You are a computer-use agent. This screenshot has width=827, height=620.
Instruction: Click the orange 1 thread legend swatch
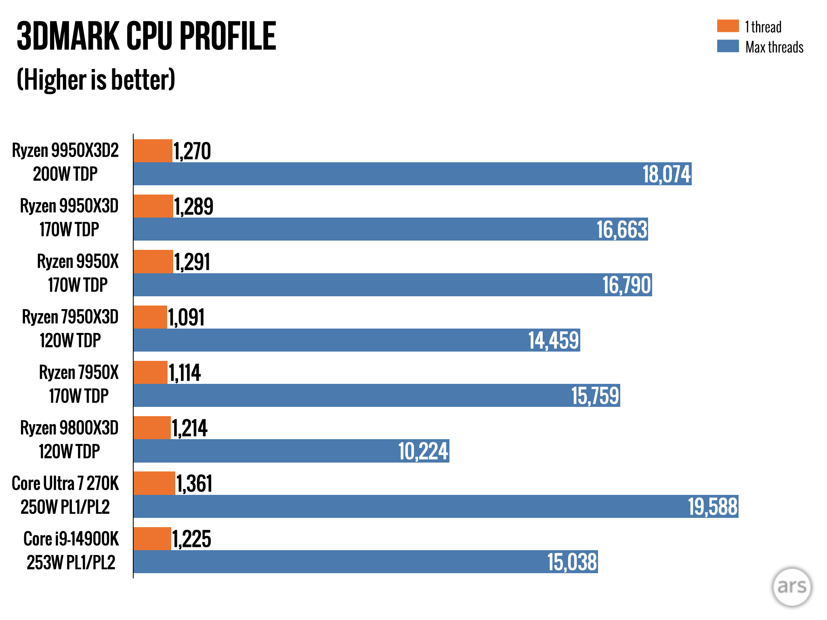[x=728, y=26]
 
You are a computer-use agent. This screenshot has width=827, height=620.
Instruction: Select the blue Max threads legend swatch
[x=728, y=46]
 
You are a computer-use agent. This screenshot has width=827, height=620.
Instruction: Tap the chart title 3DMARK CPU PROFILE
[x=146, y=36]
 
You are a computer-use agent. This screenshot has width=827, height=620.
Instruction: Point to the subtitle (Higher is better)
[x=96, y=80]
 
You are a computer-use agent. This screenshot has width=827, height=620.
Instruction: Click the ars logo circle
[x=791, y=586]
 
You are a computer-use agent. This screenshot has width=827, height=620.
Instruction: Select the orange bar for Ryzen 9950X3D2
[x=153, y=151]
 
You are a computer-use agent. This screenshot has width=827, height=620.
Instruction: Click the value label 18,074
[x=666, y=174]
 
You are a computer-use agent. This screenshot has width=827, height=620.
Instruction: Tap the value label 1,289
[x=193, y=207]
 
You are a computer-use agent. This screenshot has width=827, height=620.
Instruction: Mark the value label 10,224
[x=423, y=451]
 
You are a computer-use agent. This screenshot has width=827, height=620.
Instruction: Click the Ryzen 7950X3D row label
[x=70, y=317]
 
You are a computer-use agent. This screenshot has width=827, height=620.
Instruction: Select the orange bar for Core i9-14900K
[x=152, y=538]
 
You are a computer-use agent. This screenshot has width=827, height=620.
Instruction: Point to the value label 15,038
[x=572, y=562]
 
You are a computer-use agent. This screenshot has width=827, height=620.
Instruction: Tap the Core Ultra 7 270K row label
[x=65, y=484]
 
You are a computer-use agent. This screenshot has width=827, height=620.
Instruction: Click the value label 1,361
[x=194, y=484]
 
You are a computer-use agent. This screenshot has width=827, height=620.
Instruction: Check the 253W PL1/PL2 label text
[x=71, y=562]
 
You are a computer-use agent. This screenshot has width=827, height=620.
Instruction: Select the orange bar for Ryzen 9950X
[x=153, y=262]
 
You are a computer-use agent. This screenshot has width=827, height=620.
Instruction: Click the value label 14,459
[x=554, y=340]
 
